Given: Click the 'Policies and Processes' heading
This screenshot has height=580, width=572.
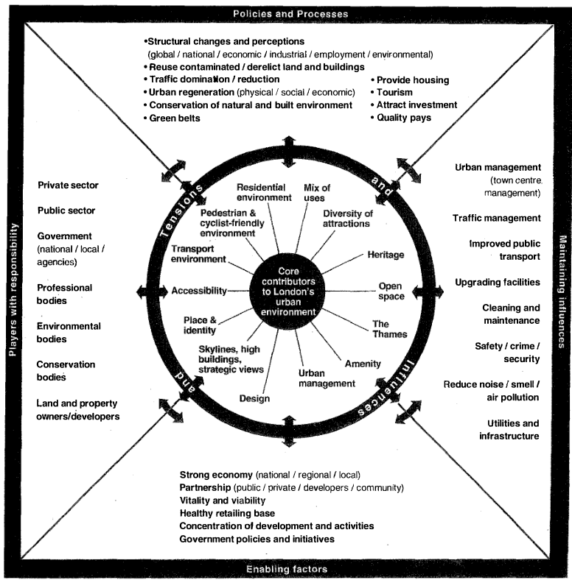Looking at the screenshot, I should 286,14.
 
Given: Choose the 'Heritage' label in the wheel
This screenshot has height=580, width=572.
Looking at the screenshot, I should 386,255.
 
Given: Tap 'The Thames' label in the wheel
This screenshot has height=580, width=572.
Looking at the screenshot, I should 380,328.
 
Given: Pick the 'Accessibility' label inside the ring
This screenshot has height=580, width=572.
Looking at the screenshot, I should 199,291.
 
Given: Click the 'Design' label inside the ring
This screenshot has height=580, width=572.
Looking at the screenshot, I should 254,398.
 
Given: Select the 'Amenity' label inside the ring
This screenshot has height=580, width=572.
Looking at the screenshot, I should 363,364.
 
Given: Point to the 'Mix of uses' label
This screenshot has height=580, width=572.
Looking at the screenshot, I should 317,193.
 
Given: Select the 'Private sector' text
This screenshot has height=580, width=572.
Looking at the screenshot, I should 68,185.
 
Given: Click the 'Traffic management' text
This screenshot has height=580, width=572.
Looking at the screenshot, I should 496,218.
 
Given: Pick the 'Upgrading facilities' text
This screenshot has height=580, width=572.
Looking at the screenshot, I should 498,282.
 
